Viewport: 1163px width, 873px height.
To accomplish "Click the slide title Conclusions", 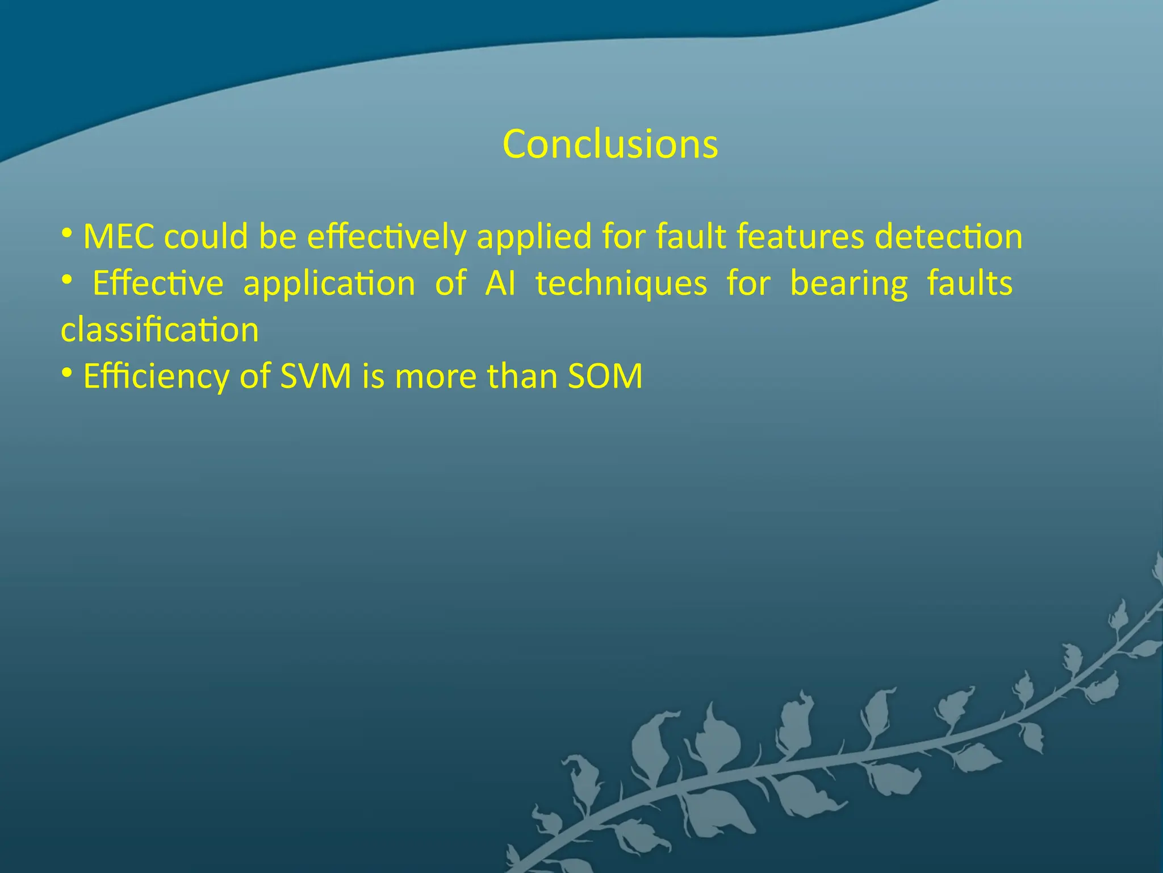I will (610, 144).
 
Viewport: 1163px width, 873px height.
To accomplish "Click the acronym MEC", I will (119, 236).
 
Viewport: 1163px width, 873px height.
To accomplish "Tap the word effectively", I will (386, 236).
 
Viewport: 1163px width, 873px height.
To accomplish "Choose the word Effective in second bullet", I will (158, 283).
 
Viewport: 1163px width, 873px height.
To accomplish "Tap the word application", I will (329, 284).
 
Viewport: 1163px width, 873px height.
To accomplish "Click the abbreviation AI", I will (500, 283).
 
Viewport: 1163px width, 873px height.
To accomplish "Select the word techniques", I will (621, 284).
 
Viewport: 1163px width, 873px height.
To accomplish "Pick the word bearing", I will (849, 284).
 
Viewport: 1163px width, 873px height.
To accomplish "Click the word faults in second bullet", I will (970, 283).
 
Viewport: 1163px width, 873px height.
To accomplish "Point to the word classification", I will (160, 330).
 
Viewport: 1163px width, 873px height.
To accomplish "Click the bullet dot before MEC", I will (67, 233).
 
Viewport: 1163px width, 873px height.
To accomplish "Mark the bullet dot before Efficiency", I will (67, 373).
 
